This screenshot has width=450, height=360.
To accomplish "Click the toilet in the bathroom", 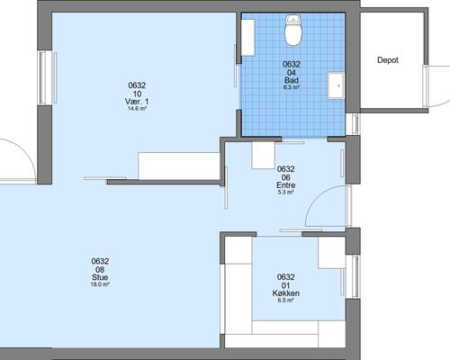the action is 292,30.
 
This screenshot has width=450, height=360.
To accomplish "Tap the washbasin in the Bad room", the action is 336,85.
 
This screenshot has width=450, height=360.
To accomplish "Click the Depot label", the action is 388,60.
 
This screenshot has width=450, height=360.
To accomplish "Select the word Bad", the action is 292,80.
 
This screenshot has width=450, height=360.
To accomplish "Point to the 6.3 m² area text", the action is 292,87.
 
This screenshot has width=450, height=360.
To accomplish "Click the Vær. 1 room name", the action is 137,102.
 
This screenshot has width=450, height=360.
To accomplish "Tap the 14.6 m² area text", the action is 137,109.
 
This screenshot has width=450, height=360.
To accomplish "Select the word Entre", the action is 285,185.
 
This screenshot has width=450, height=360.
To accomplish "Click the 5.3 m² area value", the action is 285,193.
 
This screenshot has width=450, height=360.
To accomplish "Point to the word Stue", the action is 100,277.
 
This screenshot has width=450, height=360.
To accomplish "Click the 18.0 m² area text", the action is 100,284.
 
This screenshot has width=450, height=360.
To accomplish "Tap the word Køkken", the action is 285,293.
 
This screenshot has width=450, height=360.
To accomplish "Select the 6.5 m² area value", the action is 285,300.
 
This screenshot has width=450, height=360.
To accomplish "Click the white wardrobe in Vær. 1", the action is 179,166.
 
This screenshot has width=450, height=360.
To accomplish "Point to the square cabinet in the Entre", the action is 264,155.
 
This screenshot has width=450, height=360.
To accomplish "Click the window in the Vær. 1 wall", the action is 47,78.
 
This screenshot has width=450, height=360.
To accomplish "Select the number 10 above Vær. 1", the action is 137,94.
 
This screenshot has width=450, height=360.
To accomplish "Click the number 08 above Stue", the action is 100,270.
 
